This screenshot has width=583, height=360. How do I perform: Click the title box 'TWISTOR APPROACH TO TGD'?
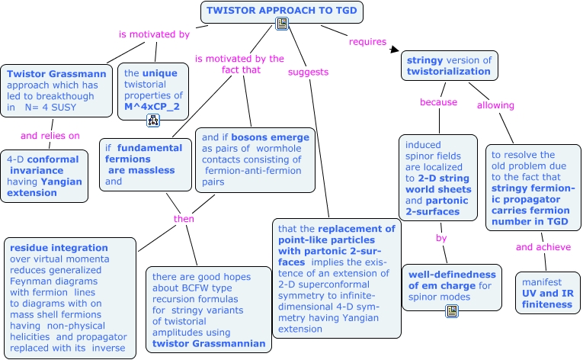[281, 12]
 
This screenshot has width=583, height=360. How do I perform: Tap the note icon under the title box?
[282, 24]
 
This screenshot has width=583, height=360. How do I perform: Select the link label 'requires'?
[367, 42]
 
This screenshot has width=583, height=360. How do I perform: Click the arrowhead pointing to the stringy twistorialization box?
[395, 49]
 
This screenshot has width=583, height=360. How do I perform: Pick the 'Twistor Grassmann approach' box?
[56, 91]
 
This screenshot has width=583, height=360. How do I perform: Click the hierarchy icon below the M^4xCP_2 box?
[153, 121]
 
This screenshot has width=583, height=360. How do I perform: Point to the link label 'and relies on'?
[50, 136]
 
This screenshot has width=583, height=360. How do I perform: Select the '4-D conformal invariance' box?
[44, 176]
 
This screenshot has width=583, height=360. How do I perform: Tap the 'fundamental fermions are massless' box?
[146, 165]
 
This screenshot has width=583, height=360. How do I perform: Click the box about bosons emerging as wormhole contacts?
[255, 160]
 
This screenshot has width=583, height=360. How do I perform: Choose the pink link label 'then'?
[184, 219]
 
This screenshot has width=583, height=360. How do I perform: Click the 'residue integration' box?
[70, 298]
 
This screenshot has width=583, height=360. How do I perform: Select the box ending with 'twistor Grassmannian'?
[209, 310]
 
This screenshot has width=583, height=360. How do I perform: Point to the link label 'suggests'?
[308, 72]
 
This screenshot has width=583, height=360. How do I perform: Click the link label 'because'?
[438, 102]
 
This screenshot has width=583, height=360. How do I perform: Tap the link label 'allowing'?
[495, 105]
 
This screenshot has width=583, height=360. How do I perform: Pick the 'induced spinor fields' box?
[438, 178]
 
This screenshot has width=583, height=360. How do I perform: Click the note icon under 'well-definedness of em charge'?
[452, 311]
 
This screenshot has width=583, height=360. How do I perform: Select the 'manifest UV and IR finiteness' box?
[548, 293]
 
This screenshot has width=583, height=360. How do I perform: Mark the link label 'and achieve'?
[543, 247]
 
